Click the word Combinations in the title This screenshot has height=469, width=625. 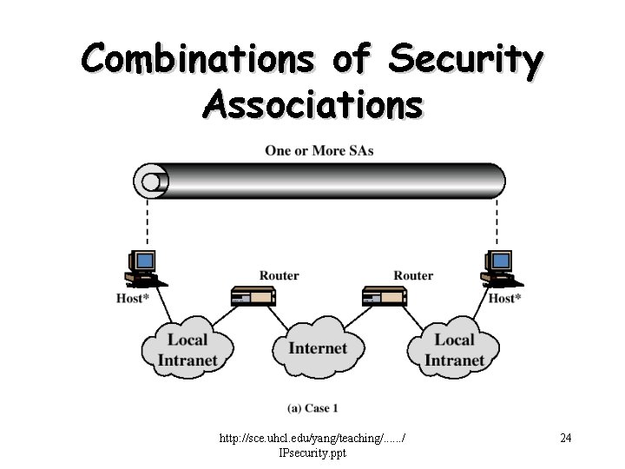[x=198, y=59]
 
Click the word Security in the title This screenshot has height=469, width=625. [x=465, y=59]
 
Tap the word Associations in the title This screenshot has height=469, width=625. [x=312, y=105]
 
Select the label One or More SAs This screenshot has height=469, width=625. [x=319, y=151]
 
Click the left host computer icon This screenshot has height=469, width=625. [x=143, y=268]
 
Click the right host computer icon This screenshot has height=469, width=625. [x=499, y=268]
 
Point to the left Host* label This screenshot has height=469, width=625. [x=134, y=299]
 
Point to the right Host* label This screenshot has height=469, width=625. [x=504, y=299]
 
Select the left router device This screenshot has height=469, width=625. [x=253, y=296]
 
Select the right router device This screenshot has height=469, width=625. [x=385, y=296]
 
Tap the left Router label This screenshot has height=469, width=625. [x=279, y=275]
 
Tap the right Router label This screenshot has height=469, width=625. [x=413, y=275]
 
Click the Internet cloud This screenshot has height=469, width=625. [x=317, y=348]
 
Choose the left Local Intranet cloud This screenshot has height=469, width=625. [x=187, y=349]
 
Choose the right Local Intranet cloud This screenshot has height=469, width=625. [x=454, y=349]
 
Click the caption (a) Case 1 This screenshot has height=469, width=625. [x=312, y=407]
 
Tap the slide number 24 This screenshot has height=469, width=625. [x=565, y=438]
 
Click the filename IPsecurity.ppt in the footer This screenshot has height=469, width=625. [x=312, y=452]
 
